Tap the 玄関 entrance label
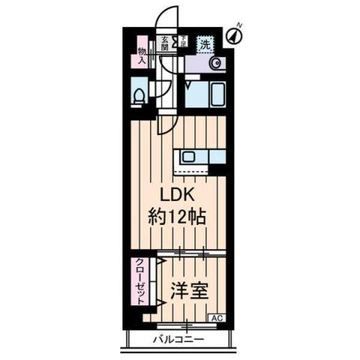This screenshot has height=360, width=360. pyautogui.click(x=163, y=43)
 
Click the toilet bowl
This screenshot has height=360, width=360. pyautogui.click(x=138, y=97)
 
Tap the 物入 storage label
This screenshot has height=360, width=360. pyautogui.click(x=141, y=56)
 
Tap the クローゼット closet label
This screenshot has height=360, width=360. pyautogui.click(x=139, y=279)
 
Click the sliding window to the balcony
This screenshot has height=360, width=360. pyautogui.click(x=184, y=325)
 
